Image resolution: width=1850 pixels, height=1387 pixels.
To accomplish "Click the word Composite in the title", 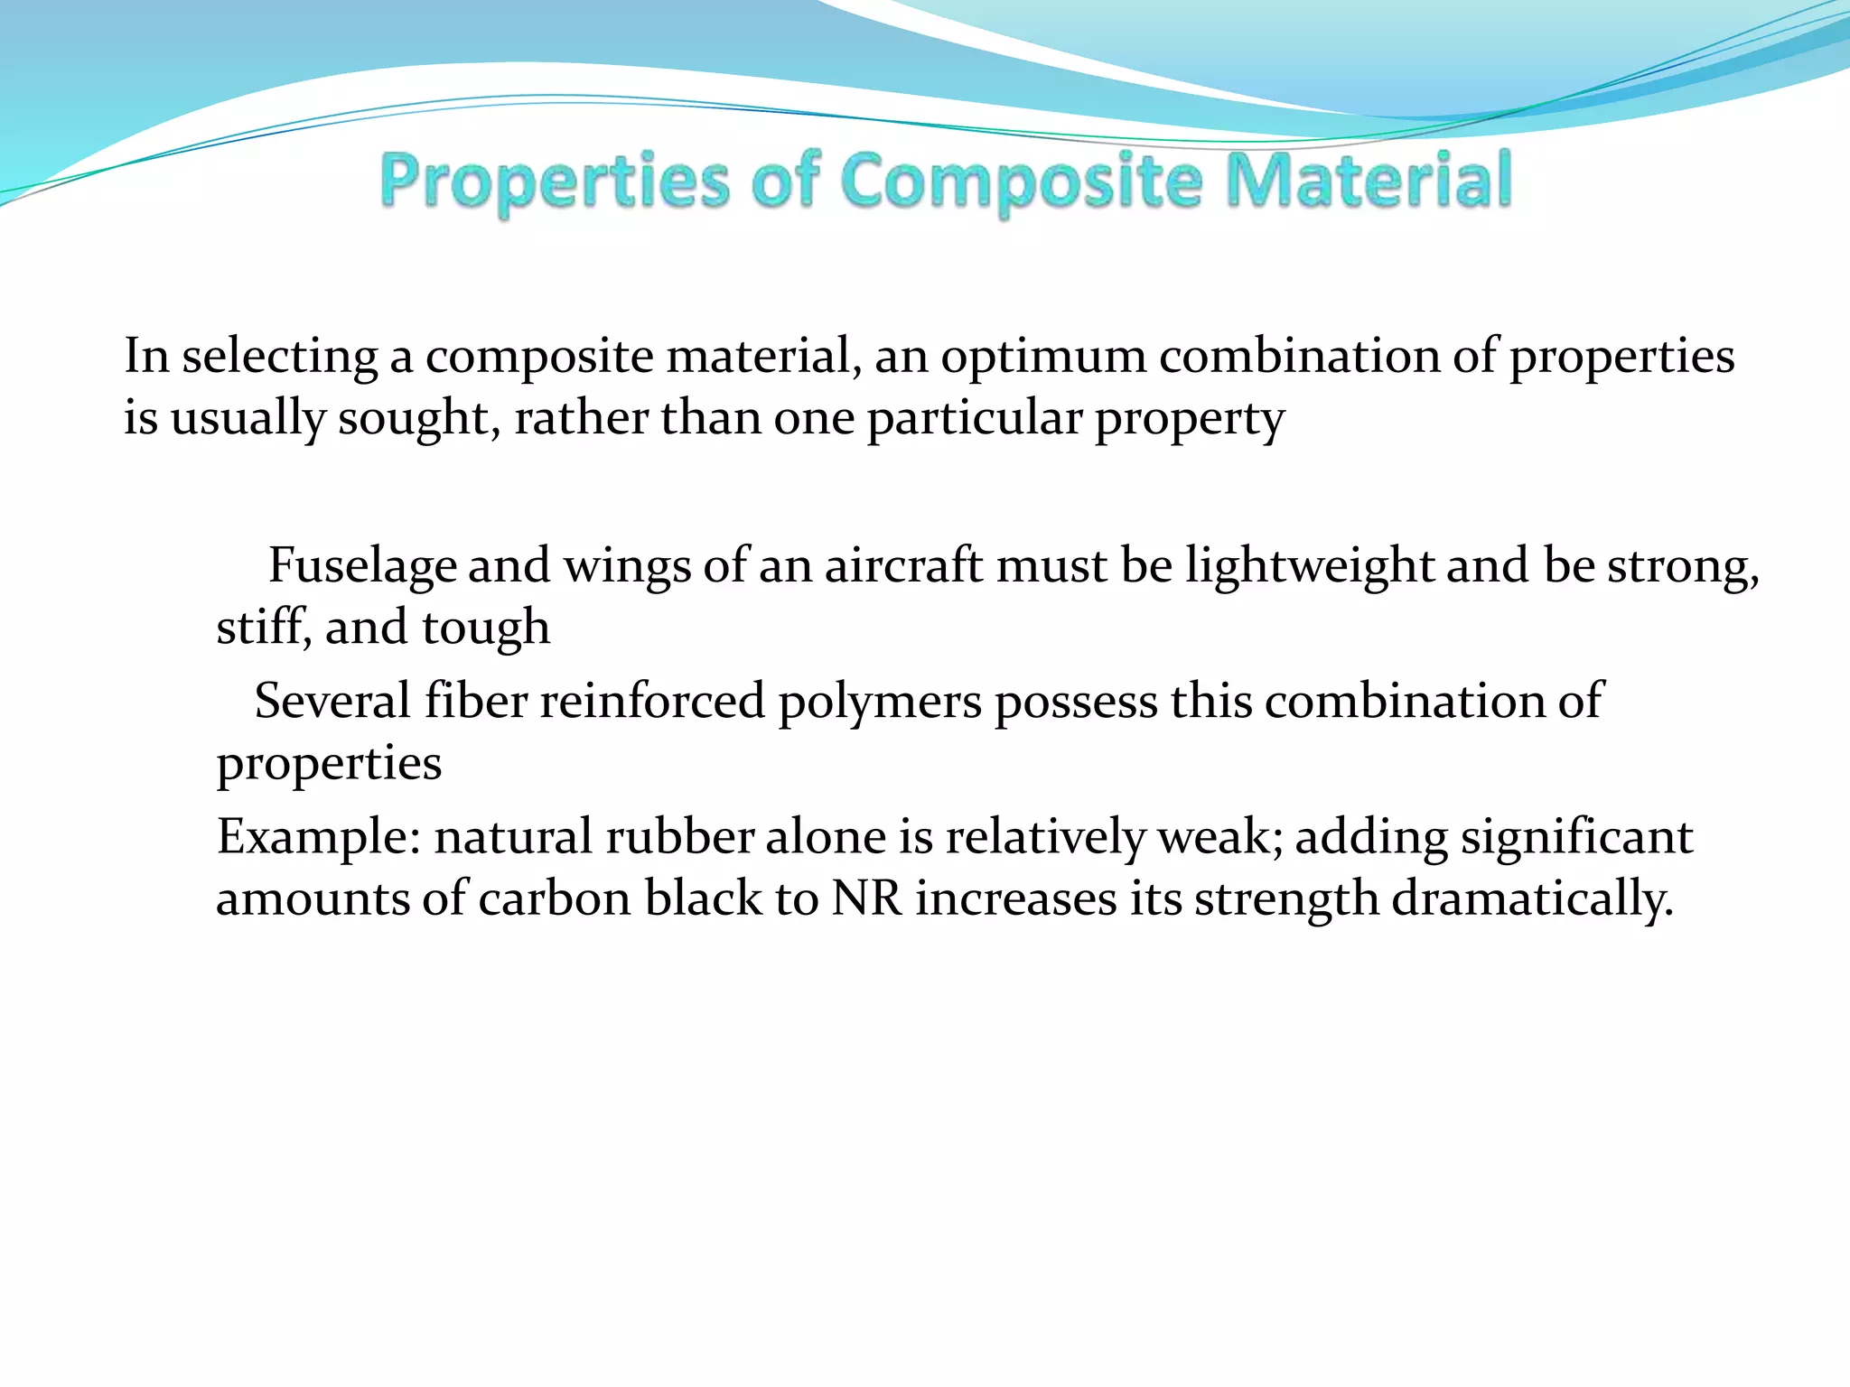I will pyautogui.click(x=1021, y=181).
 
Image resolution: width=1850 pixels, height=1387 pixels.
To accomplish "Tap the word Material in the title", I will pyautogui.click(x=1369, y=181).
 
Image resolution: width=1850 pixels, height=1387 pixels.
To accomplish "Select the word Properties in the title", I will pyautogui.click(x=554, y=181).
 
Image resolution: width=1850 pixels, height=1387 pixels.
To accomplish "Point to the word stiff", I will pyautogui.click(x=263, y=628).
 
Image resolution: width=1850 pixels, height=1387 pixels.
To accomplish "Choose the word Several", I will pyautogui.click(x=332, y=702).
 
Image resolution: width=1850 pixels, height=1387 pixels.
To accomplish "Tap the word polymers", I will pyautogui.click(x=879, y=702).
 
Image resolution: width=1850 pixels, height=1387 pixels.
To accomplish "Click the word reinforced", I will pyautogui.click(x=652, y=702).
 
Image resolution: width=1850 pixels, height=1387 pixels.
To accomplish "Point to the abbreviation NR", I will pyautogui.click(x=867, y=899).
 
